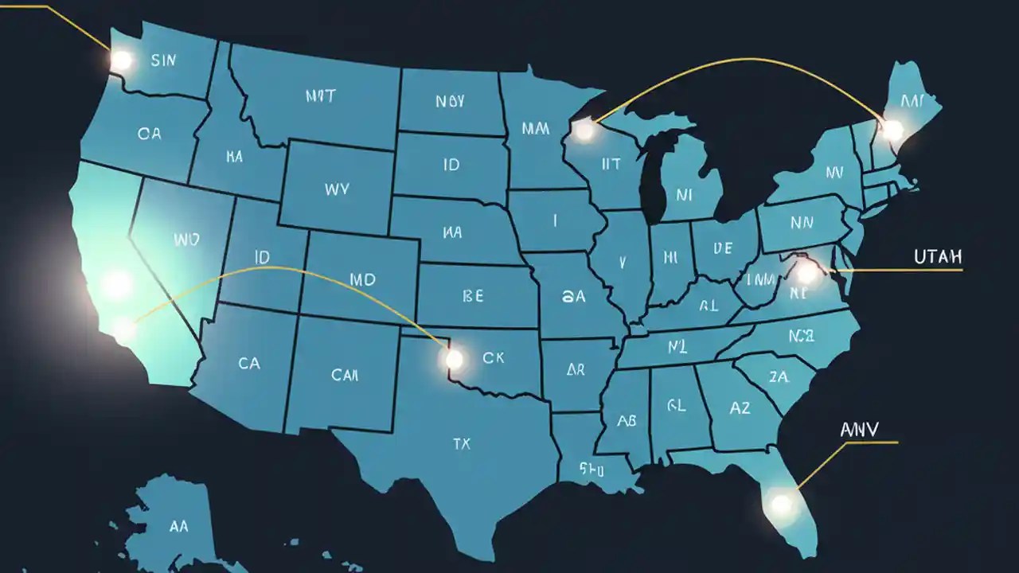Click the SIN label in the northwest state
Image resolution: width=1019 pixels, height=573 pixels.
click(x=162, y=60)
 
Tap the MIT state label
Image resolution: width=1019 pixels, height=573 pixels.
click(x=320, y=96)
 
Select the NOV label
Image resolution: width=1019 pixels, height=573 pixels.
click(x=451, y=102)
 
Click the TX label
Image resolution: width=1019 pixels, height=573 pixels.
click(x=462, y=444)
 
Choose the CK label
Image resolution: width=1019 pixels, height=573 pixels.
click(x=494, y=358)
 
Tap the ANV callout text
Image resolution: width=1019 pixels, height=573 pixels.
click(x=860, y=430)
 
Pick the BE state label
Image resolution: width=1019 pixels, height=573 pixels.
click(x=472, y=296)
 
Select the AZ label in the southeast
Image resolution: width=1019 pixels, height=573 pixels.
click(x=740, y=407)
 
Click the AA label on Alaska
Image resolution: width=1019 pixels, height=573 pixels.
click(x=179, y=526)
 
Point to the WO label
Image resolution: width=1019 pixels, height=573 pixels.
click(x=185, y=238)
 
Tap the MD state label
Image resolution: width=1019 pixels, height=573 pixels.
click(x=362, y=280)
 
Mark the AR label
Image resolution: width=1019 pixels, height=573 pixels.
click(x=576, y=370)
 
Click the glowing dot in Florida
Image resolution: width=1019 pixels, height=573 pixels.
click(x=781, y=503)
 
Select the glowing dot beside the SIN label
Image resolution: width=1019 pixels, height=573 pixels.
click(x=121, y=60)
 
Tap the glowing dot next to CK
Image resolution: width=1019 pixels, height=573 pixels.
click(x=454, y=360)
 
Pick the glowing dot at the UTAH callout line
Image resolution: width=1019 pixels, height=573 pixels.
click(x=807, y=273)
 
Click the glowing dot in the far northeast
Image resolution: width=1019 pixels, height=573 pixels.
click(x=893, y=129)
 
